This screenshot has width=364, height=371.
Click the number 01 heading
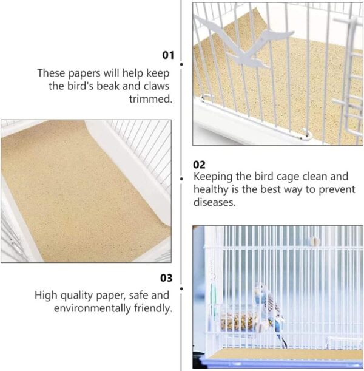coord(168,55)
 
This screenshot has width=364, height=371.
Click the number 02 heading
coord(199,165)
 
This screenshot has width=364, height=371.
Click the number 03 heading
coord(166,278)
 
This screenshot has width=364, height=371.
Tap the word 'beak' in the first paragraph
coord(108,86)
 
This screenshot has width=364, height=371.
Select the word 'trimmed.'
coord(150,99)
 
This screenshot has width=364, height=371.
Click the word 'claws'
coord(157,86)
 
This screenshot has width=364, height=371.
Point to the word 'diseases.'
coord(215,202)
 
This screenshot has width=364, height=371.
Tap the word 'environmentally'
coord(92,308)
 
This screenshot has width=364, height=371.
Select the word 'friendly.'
coord(153,308)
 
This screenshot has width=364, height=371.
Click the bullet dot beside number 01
coord(181,64)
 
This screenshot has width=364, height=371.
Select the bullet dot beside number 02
coord(181,179)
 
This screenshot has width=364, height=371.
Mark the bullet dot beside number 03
coord(181,288)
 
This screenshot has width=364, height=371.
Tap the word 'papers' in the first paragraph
coord(84,73)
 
